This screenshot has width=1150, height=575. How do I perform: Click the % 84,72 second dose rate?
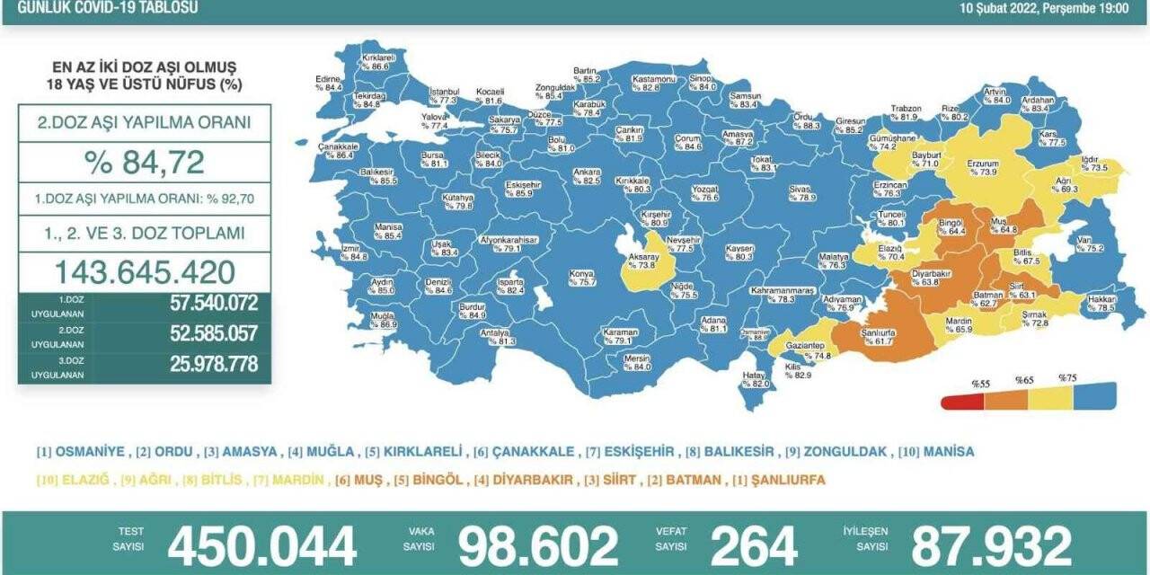pyautogui.click(x=144, y=163)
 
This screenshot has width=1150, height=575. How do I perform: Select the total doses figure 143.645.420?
pyautogui.click(x=144, y=272)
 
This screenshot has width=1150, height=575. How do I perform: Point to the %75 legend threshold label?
pyautogui.click(x=1067, y=377)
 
